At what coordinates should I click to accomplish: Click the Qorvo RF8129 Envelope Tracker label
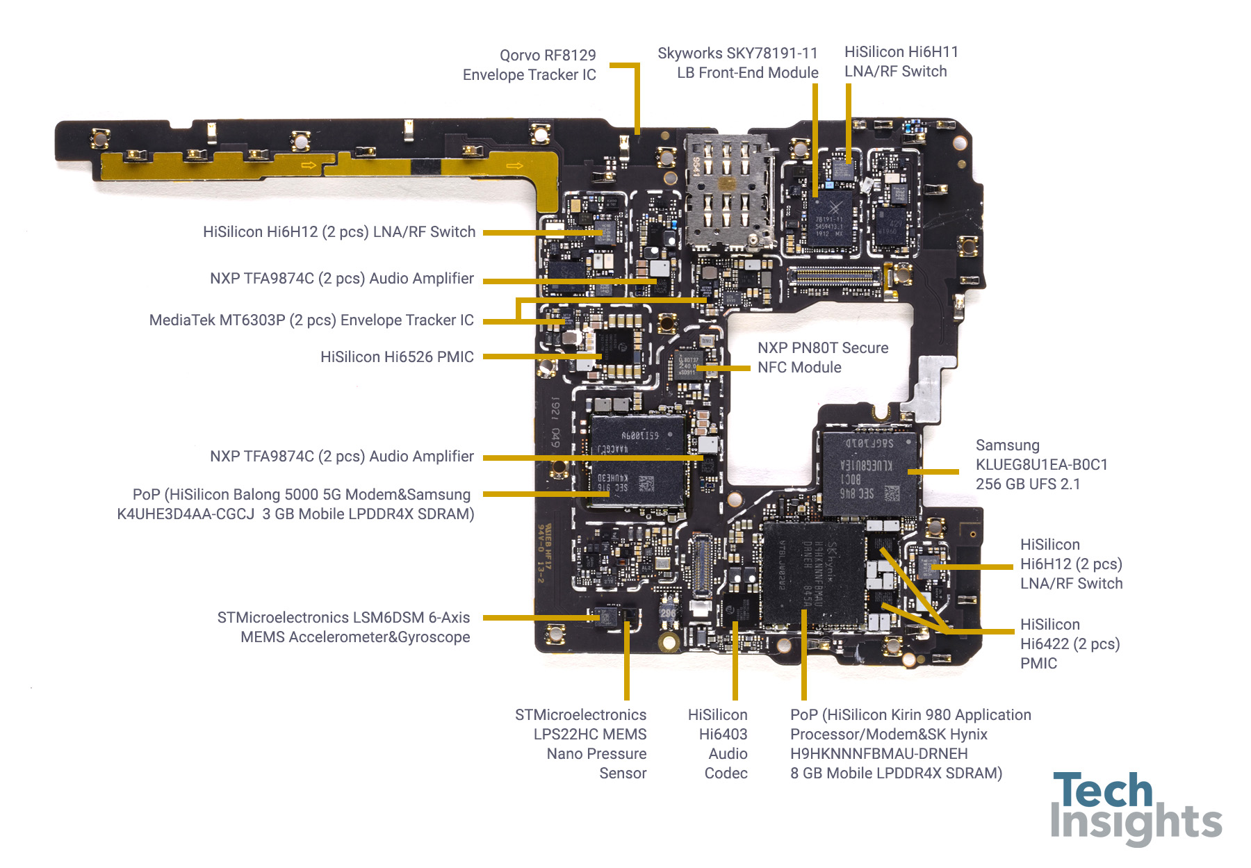(530, 65)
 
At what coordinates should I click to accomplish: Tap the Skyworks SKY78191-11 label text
(737, 63)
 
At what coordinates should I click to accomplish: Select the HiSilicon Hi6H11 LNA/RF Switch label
(901, 61)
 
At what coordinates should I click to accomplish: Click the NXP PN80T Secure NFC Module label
(822, 357)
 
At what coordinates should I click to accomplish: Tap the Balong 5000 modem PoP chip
(637, 461)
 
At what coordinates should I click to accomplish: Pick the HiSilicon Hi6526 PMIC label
(397, 357)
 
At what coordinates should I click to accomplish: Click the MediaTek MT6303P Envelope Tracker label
(311, 320)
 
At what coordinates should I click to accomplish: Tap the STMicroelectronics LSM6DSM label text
(343, 627)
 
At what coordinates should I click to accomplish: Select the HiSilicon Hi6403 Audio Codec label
(718, 743)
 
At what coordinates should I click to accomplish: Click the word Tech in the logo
(1102, 791)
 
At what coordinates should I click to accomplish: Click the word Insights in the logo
(1136, 824)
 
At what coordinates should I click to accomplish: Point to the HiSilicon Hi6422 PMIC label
(1069, 644)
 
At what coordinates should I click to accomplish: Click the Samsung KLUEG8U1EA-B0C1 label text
(1041, 464)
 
